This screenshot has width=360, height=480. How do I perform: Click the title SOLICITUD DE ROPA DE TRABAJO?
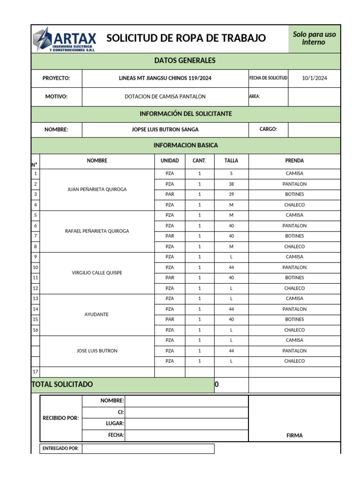tap(186, 38)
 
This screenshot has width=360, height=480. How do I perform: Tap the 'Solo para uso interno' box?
tap(314, 38)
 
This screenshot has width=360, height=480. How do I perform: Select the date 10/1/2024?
tap(314, 78)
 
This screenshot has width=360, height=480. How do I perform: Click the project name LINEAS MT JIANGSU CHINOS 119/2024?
tap(165, 78)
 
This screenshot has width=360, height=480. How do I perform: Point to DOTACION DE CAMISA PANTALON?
tap(165, 97)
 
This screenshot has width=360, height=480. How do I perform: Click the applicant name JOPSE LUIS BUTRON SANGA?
tap(165, 129)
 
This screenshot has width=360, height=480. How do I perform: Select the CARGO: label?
tap(268, 129)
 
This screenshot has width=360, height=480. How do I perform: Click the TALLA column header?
tap(231, 161)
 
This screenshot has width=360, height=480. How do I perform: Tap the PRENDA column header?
tap(294, 161)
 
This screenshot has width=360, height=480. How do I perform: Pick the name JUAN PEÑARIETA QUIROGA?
tap(97, 189)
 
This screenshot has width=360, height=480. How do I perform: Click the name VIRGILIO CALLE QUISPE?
tap(97, 273)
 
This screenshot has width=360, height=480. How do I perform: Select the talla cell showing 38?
tap(231, 184)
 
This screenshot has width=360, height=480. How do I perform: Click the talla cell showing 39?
tap(231, 195)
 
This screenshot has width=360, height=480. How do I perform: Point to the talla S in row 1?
tap(231, 173)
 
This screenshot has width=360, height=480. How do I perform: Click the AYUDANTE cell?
tap(97, 315)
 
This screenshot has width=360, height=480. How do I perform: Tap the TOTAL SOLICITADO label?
tap(62, 384)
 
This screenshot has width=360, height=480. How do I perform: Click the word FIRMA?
tap(294, 435)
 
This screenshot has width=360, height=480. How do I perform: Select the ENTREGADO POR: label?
tap(61, 449)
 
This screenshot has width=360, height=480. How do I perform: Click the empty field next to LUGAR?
tap(187, 424)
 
